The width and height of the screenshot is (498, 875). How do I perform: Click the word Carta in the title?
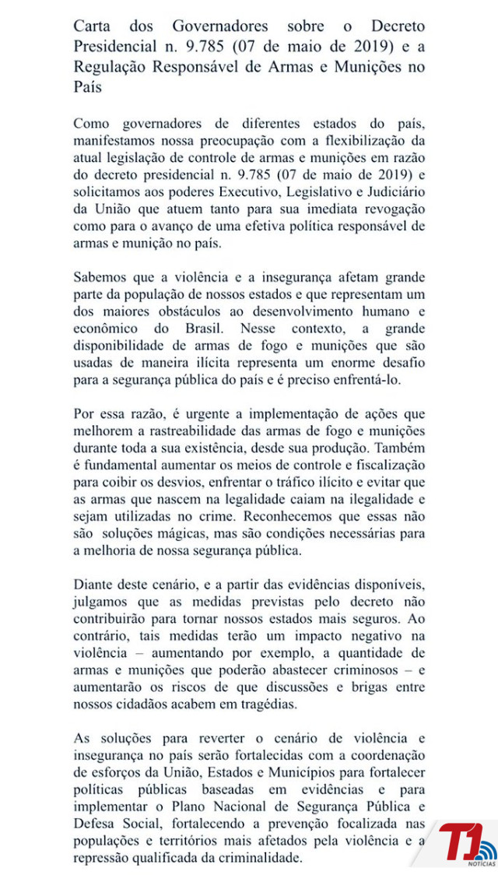pos(93,26)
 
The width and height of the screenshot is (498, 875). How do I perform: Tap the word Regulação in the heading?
pos(111,66)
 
